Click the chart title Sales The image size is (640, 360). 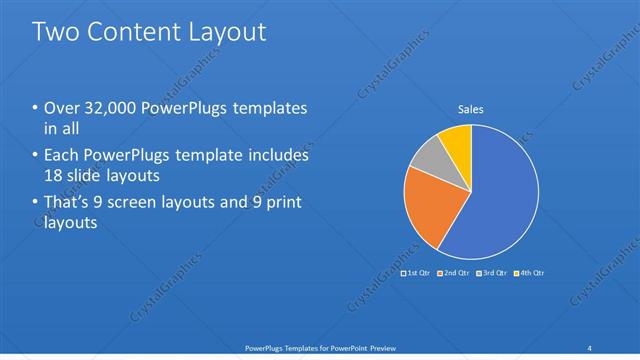pyautogui.click(x=471, y=109)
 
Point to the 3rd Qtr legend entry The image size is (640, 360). pyautogui.click(x=491, y=272)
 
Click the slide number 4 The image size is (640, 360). pyautogui.click(x=590, y=347)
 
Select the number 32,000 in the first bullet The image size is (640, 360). pyautogui.click(x=108, y=108)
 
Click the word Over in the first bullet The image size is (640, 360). pyautogui.click(x=62, y=108)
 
